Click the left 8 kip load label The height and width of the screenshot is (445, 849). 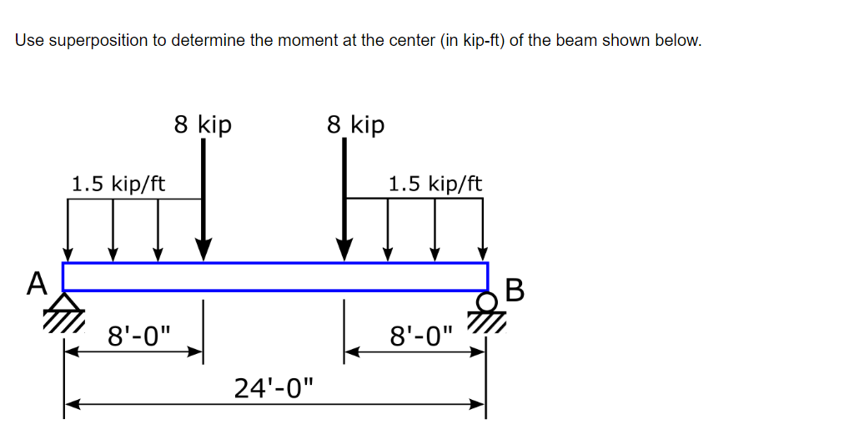(203, 124)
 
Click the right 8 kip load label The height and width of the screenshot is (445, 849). (356, 124)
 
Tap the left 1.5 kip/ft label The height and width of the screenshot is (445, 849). (118, 183)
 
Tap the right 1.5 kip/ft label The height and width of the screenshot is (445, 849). (435, 183)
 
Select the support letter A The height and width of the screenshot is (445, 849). (36, 285)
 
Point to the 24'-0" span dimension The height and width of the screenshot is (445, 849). (276, 387)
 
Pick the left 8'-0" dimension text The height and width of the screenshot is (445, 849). (138, 338)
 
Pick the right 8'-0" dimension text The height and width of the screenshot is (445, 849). (422, 338)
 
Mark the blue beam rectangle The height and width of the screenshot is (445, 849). (275, 276)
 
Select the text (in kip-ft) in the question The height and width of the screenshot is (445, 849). (468, 41)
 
